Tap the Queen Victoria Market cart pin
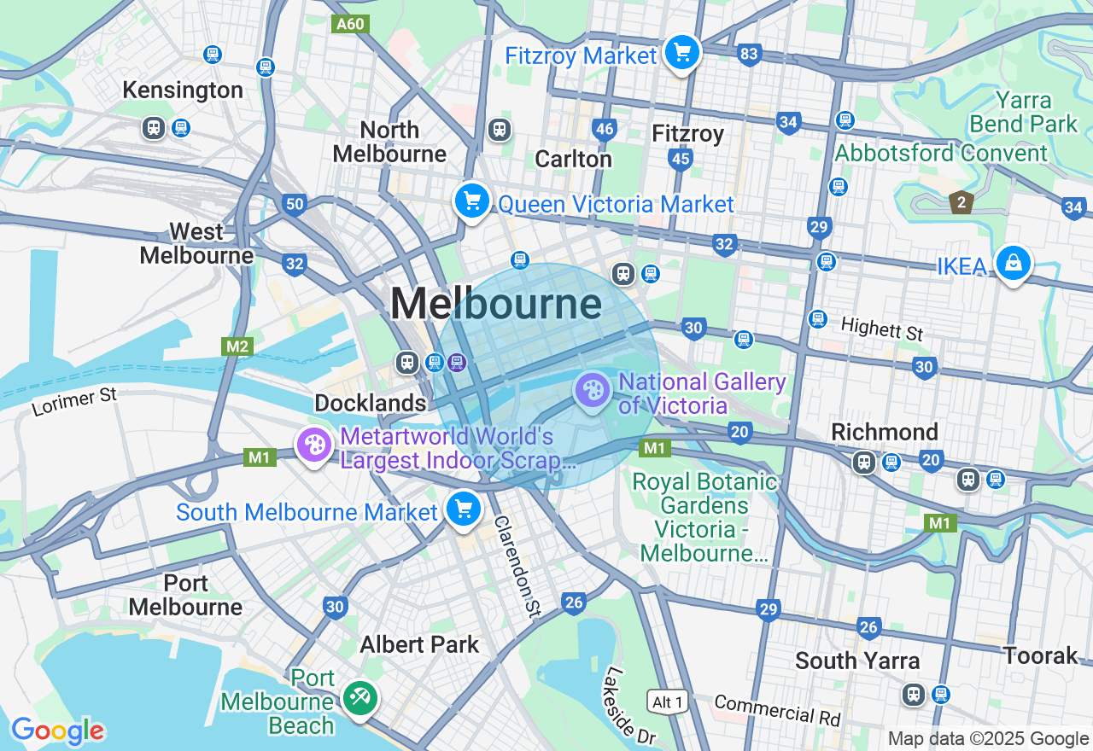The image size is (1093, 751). (471, 201)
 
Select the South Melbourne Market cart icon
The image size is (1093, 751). (464, 509)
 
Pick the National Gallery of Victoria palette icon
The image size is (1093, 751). (592, 391)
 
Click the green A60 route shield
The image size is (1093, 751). (350, 24)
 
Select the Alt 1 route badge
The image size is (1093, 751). (667, 702)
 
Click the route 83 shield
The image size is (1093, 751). (749, 55)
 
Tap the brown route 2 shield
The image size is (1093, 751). (961, 203)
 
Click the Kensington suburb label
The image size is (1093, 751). (183, 90)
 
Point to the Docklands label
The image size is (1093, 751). (370, 403)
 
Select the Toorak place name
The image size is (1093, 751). (1040, 655)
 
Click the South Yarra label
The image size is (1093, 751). (856, 661)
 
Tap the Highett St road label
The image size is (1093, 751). (881, 329)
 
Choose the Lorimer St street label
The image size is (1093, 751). (74, 401)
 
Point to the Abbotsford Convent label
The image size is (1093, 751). (940, 154)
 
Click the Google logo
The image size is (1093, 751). (58, 731)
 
